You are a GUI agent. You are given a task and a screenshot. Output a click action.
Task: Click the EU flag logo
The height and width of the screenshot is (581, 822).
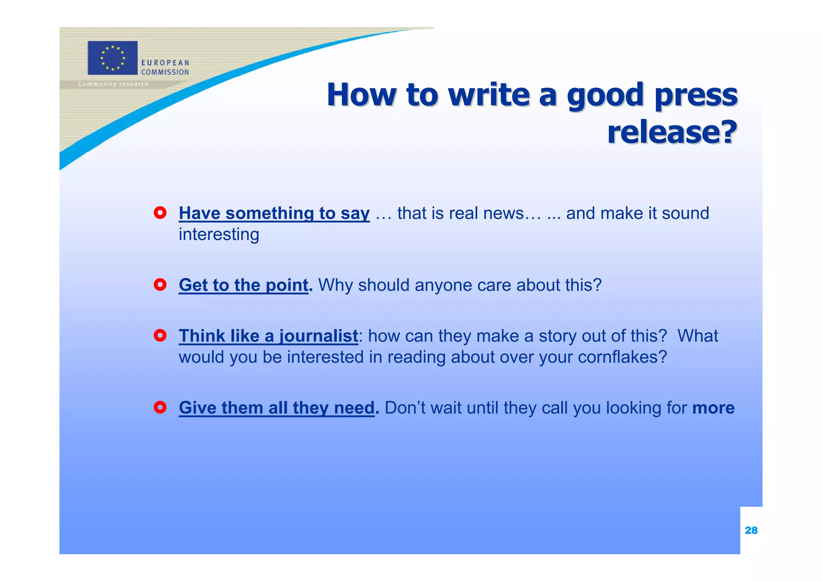[112, 58]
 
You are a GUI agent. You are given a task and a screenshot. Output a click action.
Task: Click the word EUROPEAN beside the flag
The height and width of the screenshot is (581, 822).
[165, 63]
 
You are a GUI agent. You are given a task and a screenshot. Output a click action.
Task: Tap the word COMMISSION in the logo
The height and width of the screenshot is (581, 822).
[165, 72]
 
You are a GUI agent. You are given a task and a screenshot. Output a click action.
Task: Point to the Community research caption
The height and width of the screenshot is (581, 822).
[113, 84]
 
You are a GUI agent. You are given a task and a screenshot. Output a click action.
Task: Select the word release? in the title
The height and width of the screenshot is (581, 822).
[672, 132]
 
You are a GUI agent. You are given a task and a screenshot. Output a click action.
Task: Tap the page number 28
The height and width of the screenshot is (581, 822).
[751, 530]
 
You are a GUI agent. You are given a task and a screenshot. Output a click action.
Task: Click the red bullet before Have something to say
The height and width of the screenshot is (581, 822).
[160, 213]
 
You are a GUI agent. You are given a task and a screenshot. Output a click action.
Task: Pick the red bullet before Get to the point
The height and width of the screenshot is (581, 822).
[160, 285]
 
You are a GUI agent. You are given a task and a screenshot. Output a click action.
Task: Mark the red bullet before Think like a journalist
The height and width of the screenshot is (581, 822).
[160, 336]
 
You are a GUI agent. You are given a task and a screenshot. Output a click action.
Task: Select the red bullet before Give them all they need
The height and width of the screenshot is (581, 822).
[160, 408]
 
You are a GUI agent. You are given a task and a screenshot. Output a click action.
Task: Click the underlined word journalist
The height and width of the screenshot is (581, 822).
[318, 336]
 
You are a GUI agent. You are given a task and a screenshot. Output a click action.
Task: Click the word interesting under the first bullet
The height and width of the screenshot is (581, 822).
[219, 234]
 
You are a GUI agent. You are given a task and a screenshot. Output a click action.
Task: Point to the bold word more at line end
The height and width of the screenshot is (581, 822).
[713, 408]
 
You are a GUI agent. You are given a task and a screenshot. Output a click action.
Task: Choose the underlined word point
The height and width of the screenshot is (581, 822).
[287, 285]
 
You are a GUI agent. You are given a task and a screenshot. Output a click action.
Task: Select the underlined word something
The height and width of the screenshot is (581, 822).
[269, 213]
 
